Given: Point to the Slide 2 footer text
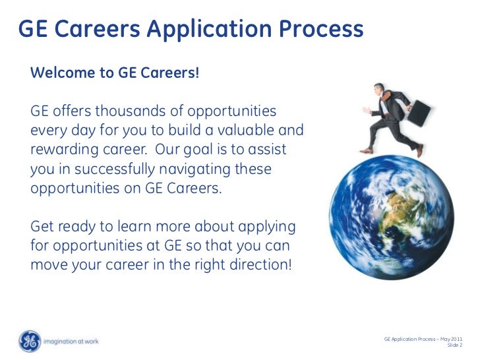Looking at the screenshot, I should click(x=454, y=345).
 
